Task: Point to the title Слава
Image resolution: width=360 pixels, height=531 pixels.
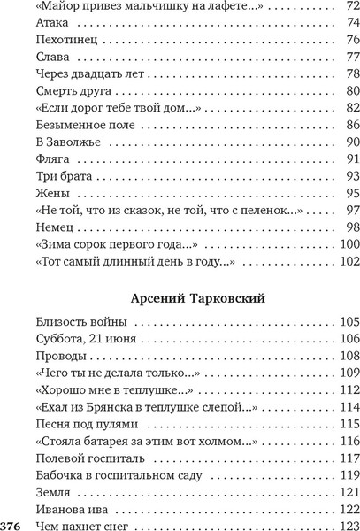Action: pyautogui.click(x=46, y=58)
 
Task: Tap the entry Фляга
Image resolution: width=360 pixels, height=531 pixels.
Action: pyautogui.click(x=47, y=159)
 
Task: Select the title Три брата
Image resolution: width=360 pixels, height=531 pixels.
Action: pyautogui.click(x=57, y=176)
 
